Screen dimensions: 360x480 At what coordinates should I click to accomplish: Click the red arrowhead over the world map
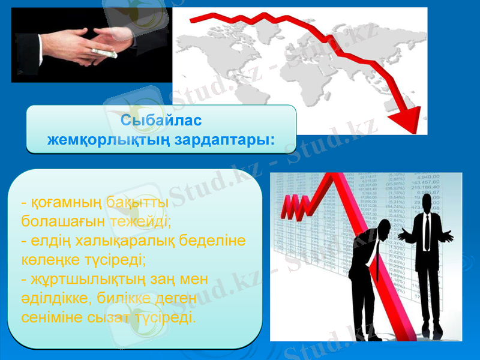click(406, 119)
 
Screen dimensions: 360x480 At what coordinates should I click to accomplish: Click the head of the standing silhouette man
click(426, 202)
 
